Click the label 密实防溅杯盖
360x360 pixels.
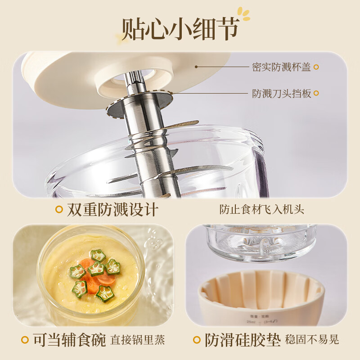tap(281, 67)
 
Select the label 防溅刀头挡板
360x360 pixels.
tap(281, 94)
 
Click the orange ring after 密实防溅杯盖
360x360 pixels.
tap(316, 67)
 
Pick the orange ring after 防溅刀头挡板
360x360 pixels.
tap(316, 94)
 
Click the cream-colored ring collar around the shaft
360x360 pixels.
tap(135, 81)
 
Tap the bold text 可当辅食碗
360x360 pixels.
tap(69, 340)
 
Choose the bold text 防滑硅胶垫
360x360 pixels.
tap(243, 340)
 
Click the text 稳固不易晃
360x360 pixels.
tap(312, 340)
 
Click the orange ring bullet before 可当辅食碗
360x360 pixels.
tap(23, 340)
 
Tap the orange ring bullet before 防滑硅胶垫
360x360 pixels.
tap(196, 340)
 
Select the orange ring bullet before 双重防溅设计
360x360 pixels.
tap(58, 210)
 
